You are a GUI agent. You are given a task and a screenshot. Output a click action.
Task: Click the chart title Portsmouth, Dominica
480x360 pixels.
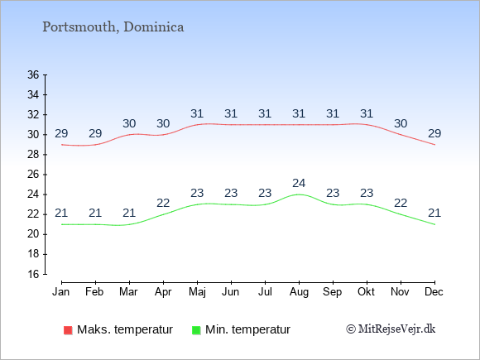coord(113,27)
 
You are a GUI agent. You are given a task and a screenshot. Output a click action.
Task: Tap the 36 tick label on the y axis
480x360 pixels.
coord(33,74)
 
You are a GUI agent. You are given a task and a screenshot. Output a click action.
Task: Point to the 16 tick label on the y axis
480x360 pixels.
coord(33,274)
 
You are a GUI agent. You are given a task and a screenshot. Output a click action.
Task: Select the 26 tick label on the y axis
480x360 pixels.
coord(33,175)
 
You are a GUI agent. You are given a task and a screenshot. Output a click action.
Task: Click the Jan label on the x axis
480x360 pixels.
coord(61,292)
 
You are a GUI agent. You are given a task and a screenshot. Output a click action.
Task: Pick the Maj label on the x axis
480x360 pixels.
coord(197,292)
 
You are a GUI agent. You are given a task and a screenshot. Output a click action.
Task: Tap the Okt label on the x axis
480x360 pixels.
coord(366,292)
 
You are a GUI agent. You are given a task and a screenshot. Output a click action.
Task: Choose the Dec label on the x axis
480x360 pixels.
coord(434,292)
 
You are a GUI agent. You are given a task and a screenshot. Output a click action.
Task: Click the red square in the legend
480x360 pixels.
coord(68,330)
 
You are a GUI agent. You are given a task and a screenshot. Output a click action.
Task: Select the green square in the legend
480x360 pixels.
coord(196,330)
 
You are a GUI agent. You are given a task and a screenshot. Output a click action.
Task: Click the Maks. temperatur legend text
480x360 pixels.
coord(125,329)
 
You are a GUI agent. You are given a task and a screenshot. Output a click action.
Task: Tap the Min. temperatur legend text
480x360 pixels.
coord(247,329)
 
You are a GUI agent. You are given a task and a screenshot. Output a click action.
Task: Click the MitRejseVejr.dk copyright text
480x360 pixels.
coord(391,329)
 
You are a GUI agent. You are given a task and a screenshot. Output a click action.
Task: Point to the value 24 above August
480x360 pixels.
coord(299,184)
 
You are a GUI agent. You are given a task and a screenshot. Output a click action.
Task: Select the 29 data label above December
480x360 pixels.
coord(434,133)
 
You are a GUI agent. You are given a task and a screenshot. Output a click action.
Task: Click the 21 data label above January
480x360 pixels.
coord(61,213)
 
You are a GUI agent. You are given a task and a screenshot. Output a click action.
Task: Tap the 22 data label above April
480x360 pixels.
coord(163,203)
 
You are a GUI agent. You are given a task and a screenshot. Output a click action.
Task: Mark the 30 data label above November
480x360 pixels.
coord(401,123)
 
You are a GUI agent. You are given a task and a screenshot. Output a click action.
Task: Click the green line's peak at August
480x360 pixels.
coord(299,194)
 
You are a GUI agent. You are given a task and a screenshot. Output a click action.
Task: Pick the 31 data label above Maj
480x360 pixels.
coord(197,114)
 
